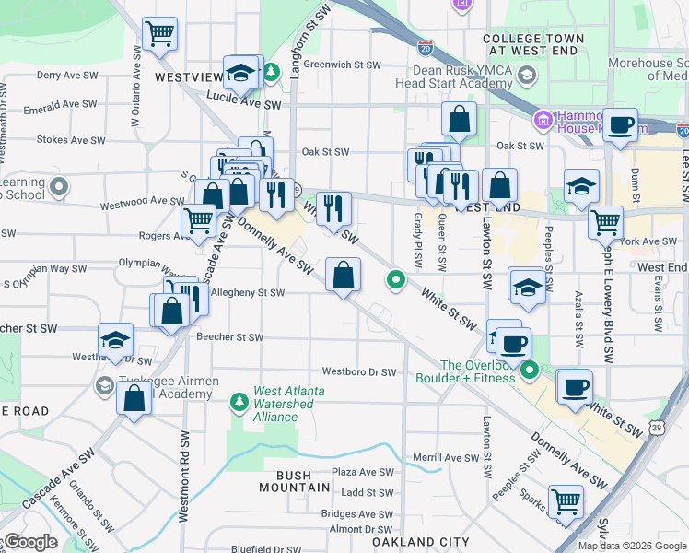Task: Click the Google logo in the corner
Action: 29,542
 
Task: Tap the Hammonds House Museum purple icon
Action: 542,120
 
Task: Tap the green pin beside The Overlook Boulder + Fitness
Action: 530,371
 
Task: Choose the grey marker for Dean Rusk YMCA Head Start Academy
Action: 526,75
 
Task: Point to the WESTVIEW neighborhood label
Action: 189,77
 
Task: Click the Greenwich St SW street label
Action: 342,65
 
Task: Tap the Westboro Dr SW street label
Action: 358,372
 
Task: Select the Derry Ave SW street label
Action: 61,75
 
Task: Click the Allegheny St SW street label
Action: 248,292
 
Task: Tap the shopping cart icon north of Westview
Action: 160,35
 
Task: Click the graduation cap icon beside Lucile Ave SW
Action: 240,71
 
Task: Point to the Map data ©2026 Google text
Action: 631,546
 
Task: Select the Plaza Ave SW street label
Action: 362,471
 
